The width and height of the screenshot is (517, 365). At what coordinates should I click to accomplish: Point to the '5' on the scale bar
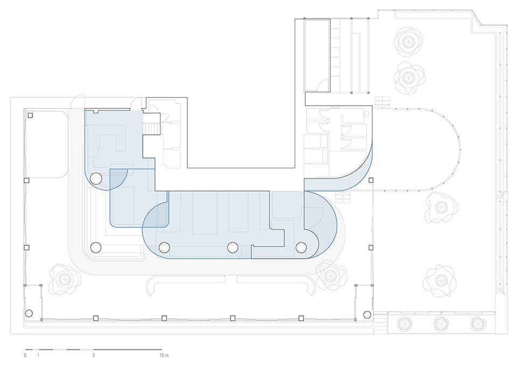94,356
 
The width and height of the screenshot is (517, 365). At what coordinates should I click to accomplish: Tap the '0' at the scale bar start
25,356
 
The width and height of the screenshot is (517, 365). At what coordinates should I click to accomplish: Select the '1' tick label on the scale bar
38,356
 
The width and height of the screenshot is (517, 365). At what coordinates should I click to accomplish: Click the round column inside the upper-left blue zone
96,178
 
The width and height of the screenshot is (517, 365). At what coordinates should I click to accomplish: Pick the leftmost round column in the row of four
96,247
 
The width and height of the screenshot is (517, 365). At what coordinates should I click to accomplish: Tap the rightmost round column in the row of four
301,247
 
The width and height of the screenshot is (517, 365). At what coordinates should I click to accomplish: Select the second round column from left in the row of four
164,247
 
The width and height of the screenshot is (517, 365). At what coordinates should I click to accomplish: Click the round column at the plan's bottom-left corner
29,313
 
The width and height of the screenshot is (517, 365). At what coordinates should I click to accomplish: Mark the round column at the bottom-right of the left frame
367,314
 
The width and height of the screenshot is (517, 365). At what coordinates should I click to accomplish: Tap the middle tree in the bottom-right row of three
442,324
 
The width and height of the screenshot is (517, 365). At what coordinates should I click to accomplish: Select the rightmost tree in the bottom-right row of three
477,324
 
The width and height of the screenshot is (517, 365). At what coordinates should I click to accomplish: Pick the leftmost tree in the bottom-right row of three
404,324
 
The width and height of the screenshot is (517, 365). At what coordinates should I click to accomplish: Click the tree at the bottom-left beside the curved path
66,279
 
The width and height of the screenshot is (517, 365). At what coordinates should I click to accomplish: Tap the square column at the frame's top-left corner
30,115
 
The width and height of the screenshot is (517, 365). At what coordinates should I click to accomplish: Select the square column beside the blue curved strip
371,181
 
